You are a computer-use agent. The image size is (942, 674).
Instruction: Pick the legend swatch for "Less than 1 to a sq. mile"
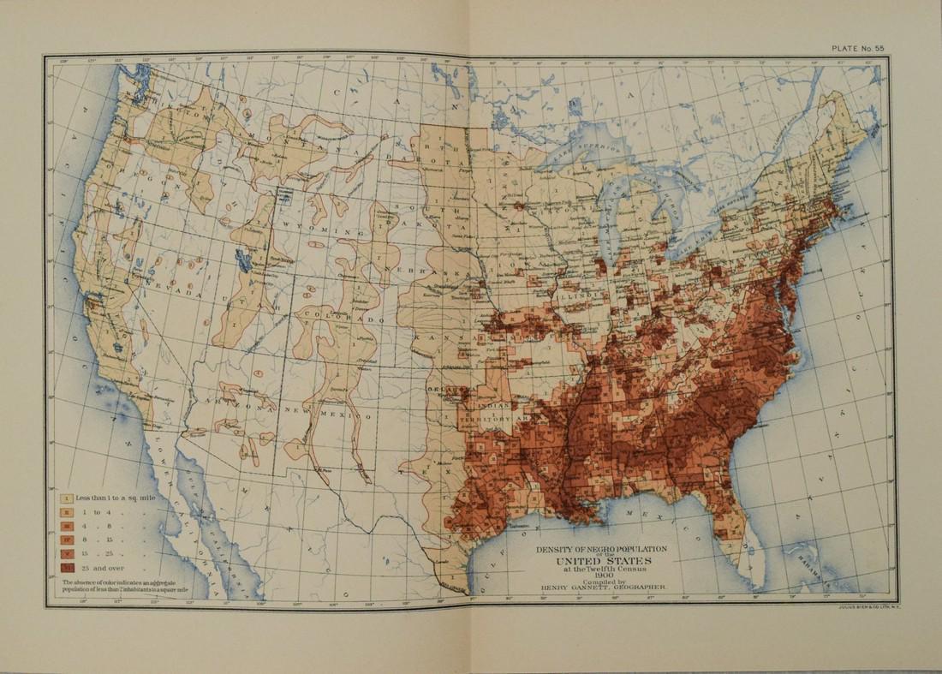pos(66,497)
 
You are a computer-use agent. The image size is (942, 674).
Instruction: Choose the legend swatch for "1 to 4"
pos(66,511)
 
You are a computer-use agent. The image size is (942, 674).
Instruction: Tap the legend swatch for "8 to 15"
pos(66,539)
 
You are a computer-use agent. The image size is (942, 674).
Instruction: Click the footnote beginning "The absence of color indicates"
pos(128,587)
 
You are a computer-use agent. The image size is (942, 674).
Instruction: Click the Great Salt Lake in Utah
pos(242,259)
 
